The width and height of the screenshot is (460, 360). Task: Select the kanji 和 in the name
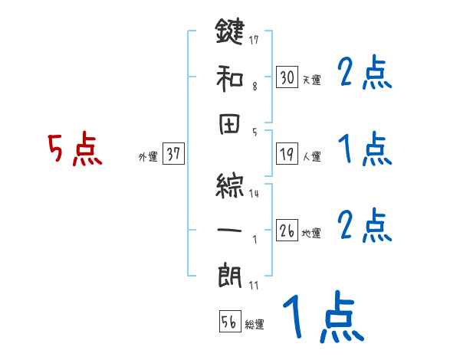tap(230, 77)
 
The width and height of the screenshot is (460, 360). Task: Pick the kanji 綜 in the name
tap(230, 182)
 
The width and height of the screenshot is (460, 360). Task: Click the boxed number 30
tap(287, 77)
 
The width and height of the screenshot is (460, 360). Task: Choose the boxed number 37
tap(173, 154)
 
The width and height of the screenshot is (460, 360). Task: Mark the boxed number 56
tap(228, 322)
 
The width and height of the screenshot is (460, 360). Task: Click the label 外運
tap(147, 156)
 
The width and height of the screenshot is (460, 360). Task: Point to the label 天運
tap(311, 80)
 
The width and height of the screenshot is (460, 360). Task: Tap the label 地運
tap(311, 233)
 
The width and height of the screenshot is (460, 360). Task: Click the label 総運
tap(255, 325)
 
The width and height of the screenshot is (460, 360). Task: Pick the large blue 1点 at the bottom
tap(321, 318)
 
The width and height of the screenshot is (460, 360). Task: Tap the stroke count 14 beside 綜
tap(254, 193)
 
